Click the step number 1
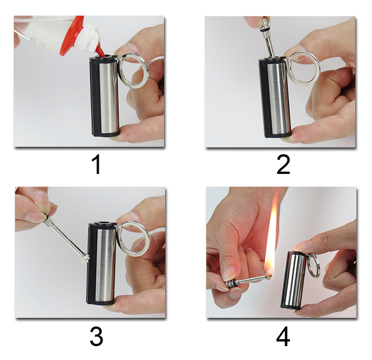point(97,164)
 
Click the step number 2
point(283,164)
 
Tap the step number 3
point(96,336)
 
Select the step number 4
point(283,337)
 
